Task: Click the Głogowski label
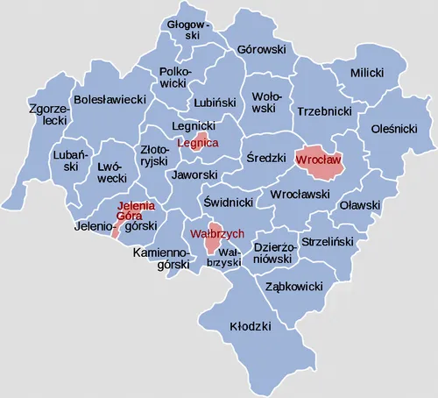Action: [x=185, y=31]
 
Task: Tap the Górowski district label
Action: [x=262, y=50]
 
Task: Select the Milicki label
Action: [x=367, y=74]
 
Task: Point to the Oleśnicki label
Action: [x=394, y=128]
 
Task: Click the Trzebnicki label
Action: [x=324, y=112]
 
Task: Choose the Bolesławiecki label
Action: [x=109, y=101]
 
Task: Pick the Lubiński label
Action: [x=215, y=102]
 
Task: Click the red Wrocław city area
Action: [x=321, y=161]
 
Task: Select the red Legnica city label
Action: [x=197, y=143]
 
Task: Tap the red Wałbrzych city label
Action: [x=210, y=234]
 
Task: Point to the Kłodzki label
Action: [x=250, y=325]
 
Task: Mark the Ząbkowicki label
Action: [x=293, y=287]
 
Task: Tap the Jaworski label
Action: [x=194, y=175]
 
